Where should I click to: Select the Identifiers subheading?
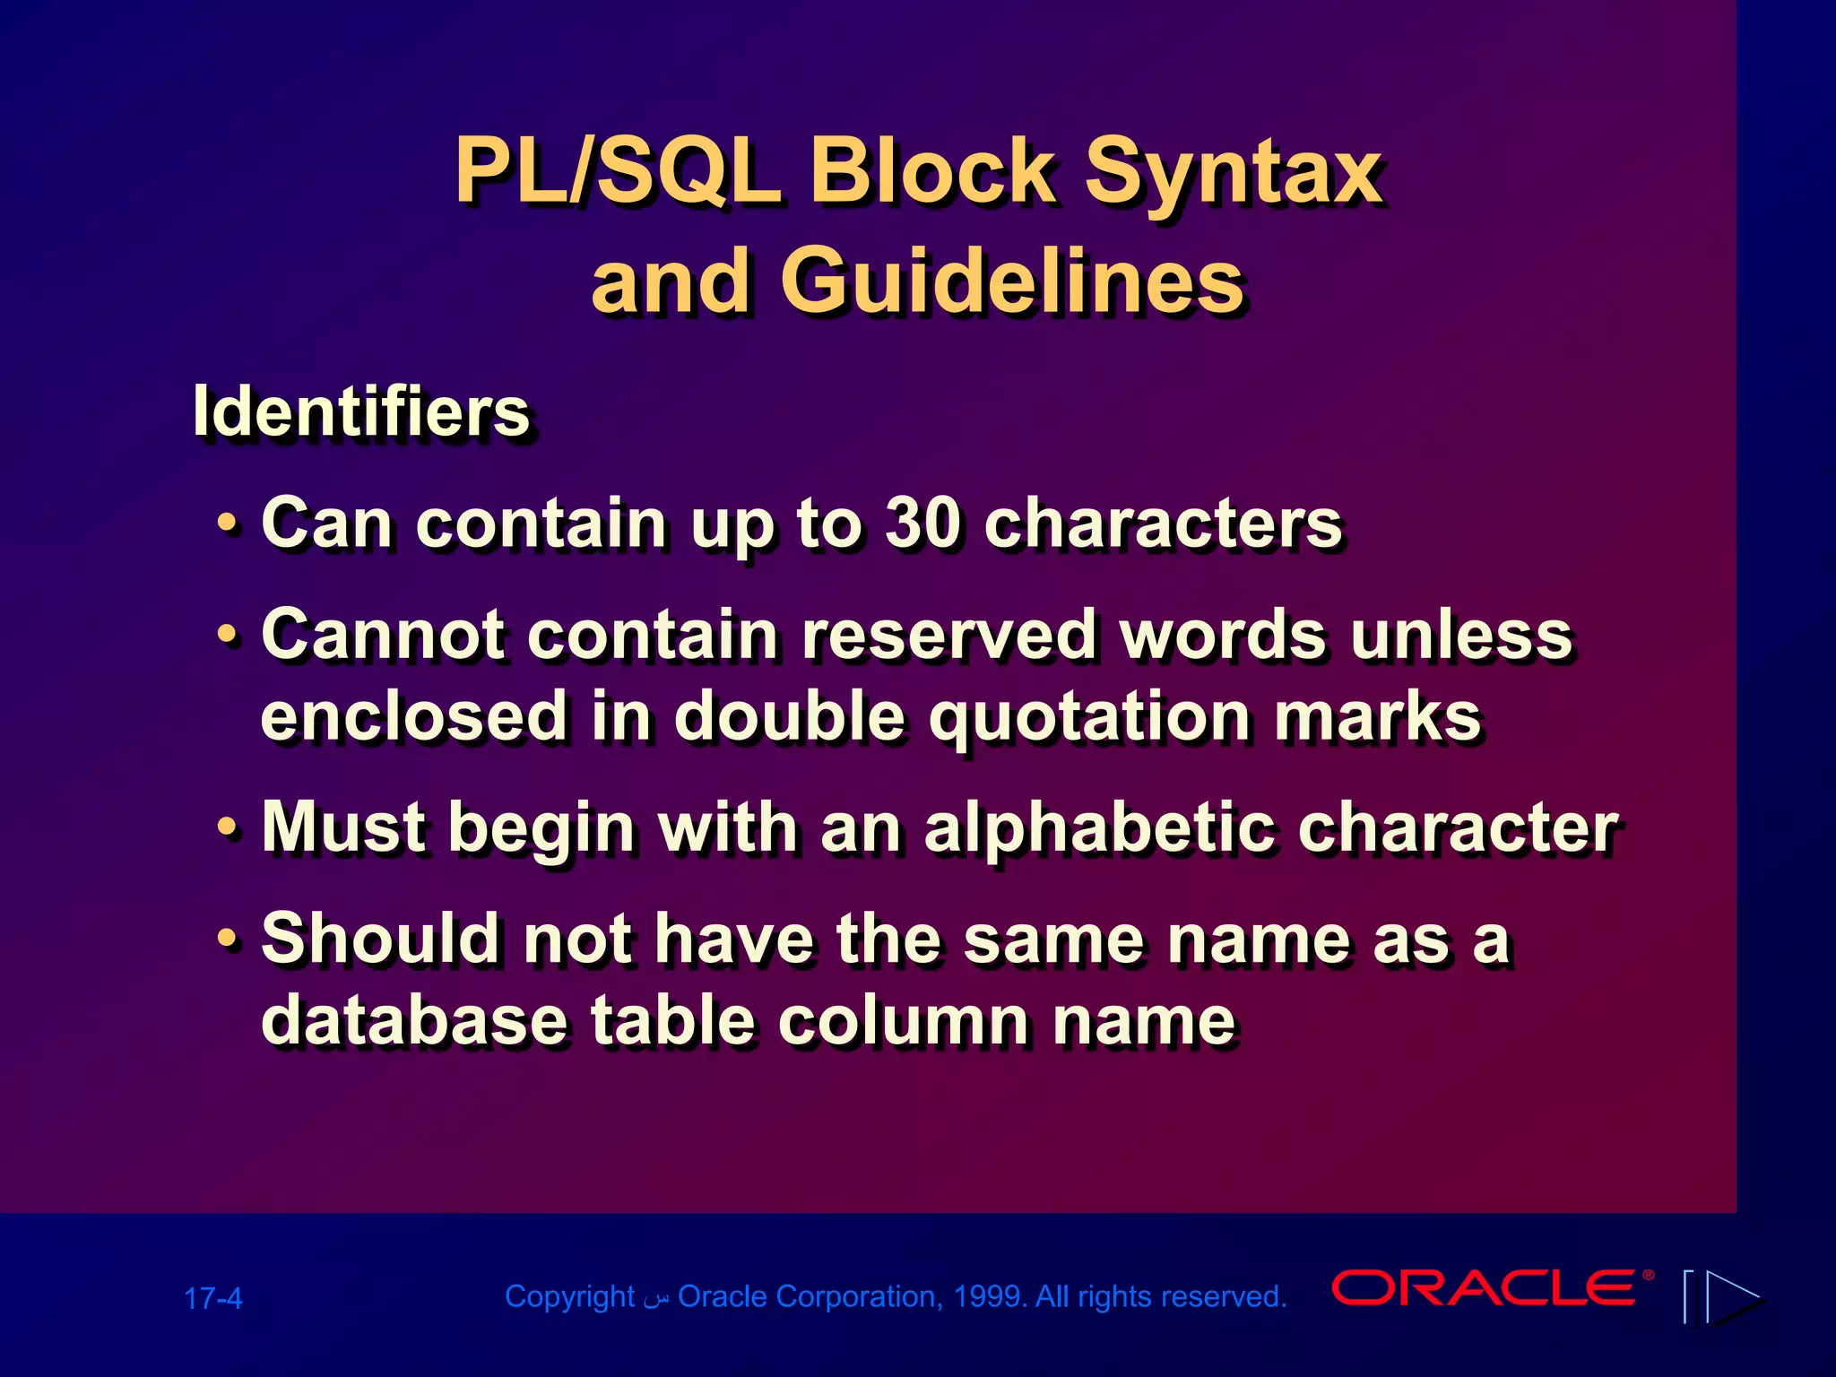[x=361, y=412]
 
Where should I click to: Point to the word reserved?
[x=950, y=635]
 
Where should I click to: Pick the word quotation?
[x=1090, y=716]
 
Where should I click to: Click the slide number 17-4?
[x=212, y=1298]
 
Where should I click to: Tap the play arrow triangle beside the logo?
[x=1732, y=1296]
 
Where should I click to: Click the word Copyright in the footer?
[x=569, y=1296]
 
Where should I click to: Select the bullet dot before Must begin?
[x=229, y=829]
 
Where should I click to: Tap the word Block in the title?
[x=932, y=172]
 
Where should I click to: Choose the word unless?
[x=1461, y=635]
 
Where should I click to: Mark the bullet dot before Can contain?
[x=229, y=524]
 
